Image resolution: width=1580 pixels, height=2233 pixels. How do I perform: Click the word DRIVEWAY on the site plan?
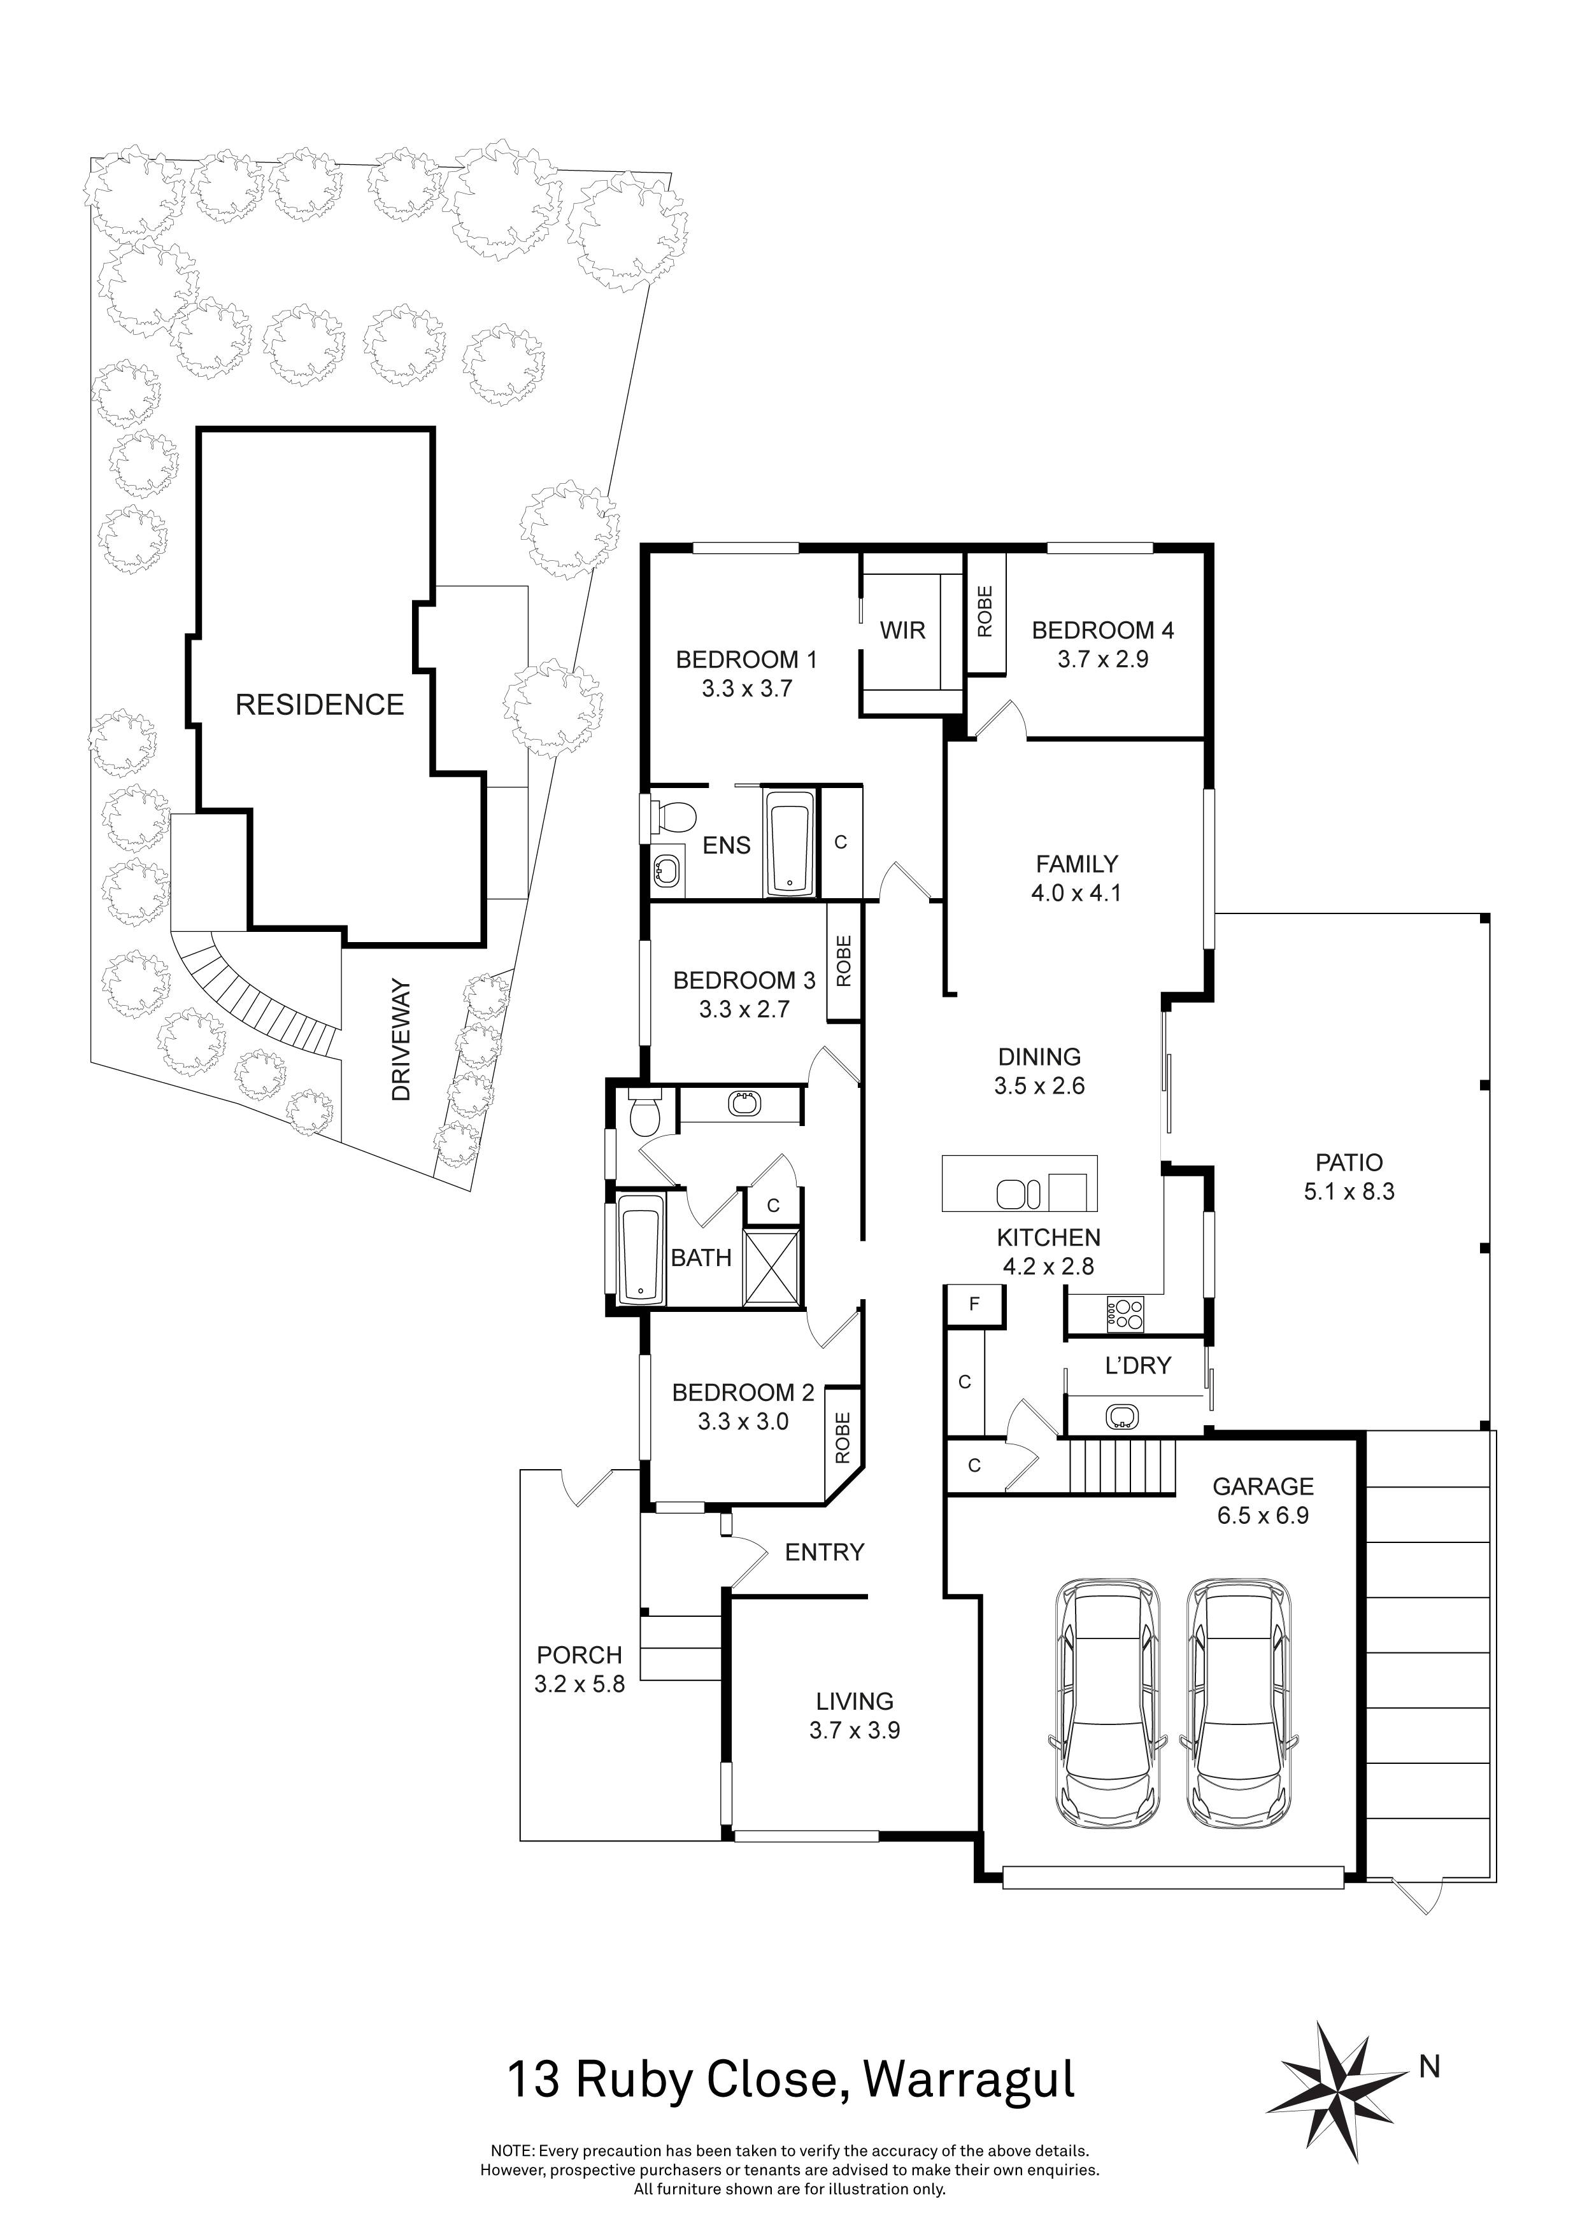[401, 1041]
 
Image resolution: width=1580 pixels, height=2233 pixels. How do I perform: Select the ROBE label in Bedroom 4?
[985, 612]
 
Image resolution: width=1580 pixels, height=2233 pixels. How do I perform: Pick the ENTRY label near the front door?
[824, 1552]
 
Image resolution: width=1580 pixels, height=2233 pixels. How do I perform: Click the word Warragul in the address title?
[969, 2080]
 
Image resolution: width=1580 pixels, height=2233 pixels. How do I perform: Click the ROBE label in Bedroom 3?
[844, 961]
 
